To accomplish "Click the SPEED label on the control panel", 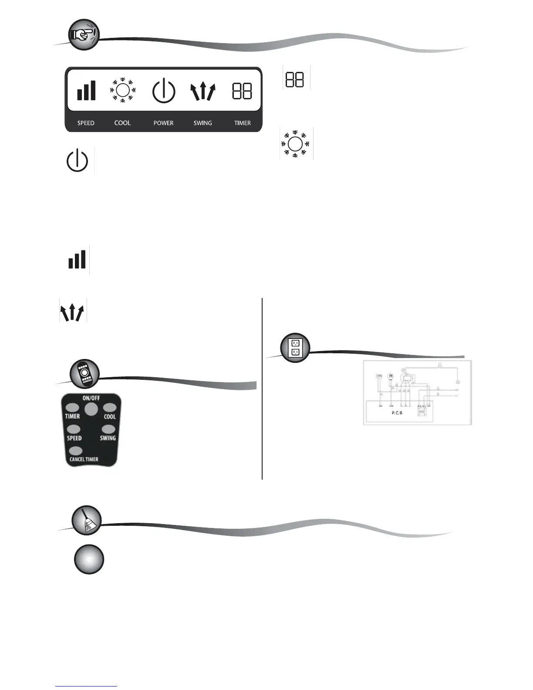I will (86, 123).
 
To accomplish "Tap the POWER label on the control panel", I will (163, 123).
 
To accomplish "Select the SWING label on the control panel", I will (202, 123).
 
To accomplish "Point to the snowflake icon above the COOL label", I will (123, 91).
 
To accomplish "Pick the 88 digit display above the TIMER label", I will (242, 91).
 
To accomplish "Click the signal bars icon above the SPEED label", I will (86, 91).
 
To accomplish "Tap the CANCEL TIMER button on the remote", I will (76, 451).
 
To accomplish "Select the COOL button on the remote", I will (109, 408).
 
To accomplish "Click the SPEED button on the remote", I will (74, 430).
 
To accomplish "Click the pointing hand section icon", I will (84, 34).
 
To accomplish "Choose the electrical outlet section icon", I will (295, 348).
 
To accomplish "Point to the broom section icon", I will (87, 521).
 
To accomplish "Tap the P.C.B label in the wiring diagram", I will (397, 413).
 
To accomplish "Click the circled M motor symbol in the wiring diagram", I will (391, 376).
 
